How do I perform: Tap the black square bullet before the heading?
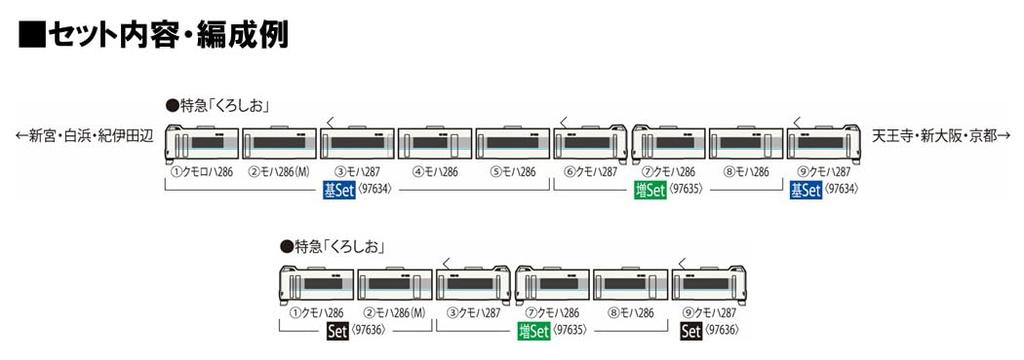[x=32, y=35]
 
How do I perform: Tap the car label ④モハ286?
[x=434, y=171]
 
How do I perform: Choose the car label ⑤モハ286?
[x=512, y=171]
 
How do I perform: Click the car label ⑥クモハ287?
[x=590, y=171]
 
